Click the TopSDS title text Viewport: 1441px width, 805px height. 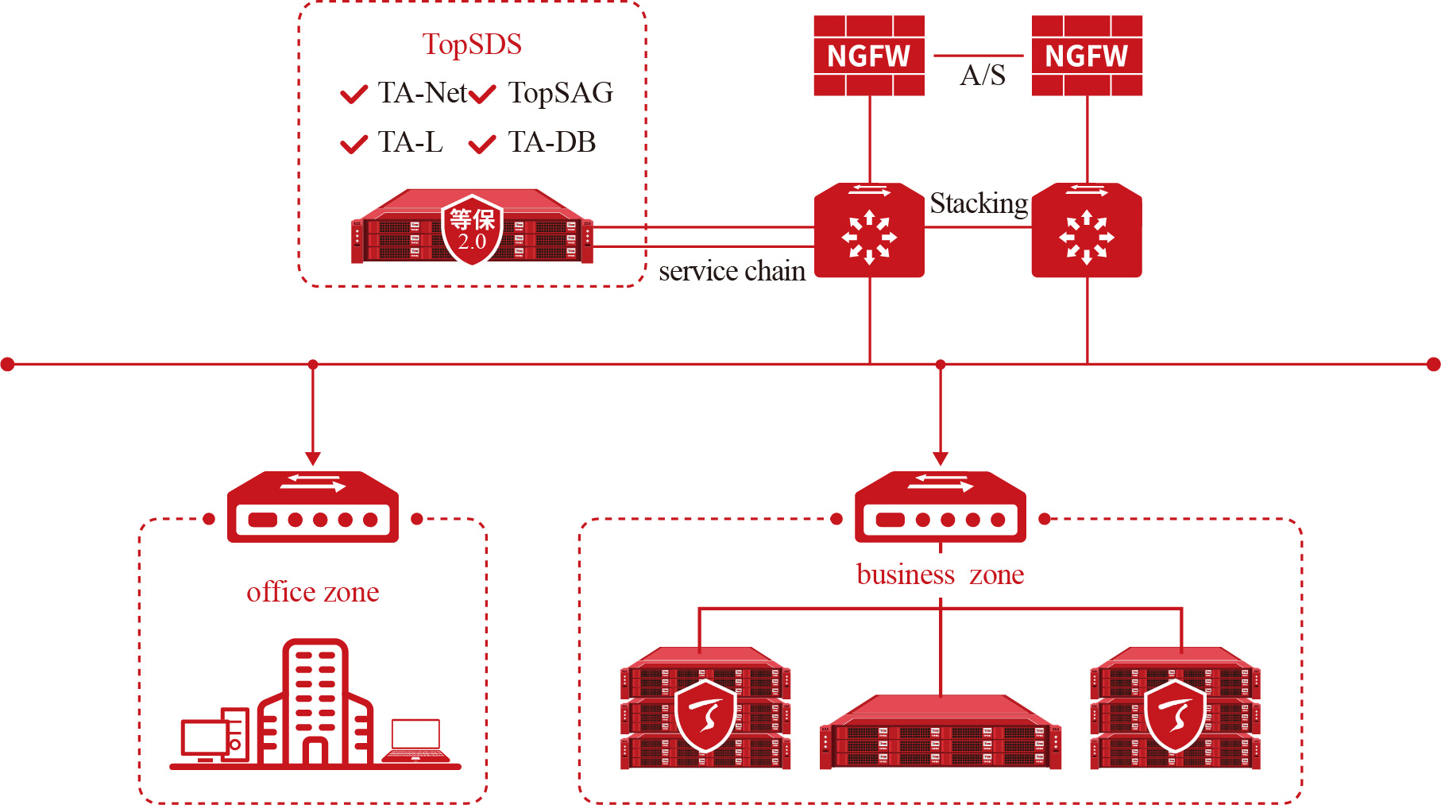(472, 45)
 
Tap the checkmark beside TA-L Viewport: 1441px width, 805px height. (353, 144)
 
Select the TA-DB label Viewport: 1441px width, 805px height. (552, 142)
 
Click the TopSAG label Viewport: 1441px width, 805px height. (561, 93)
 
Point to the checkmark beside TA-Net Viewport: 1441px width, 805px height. (353, 95)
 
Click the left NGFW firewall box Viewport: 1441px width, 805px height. (869, 56)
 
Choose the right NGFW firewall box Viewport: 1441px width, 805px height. (1087, 56)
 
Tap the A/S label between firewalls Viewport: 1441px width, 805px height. (983, 75)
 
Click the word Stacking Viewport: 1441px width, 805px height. (979, 204)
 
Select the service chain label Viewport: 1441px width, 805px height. (732, 271)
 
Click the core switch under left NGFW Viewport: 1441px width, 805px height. (870, 230)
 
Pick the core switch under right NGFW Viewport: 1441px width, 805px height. (1087, 230)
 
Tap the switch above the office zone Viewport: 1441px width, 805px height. (313, 507)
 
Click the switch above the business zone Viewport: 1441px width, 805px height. (941, 507)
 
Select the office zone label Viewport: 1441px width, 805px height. (313, 592)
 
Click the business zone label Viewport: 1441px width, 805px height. (941, 575)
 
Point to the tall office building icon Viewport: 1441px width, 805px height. (315, 702)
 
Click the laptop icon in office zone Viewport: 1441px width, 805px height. (415, 741)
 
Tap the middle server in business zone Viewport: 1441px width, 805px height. (941, 732)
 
